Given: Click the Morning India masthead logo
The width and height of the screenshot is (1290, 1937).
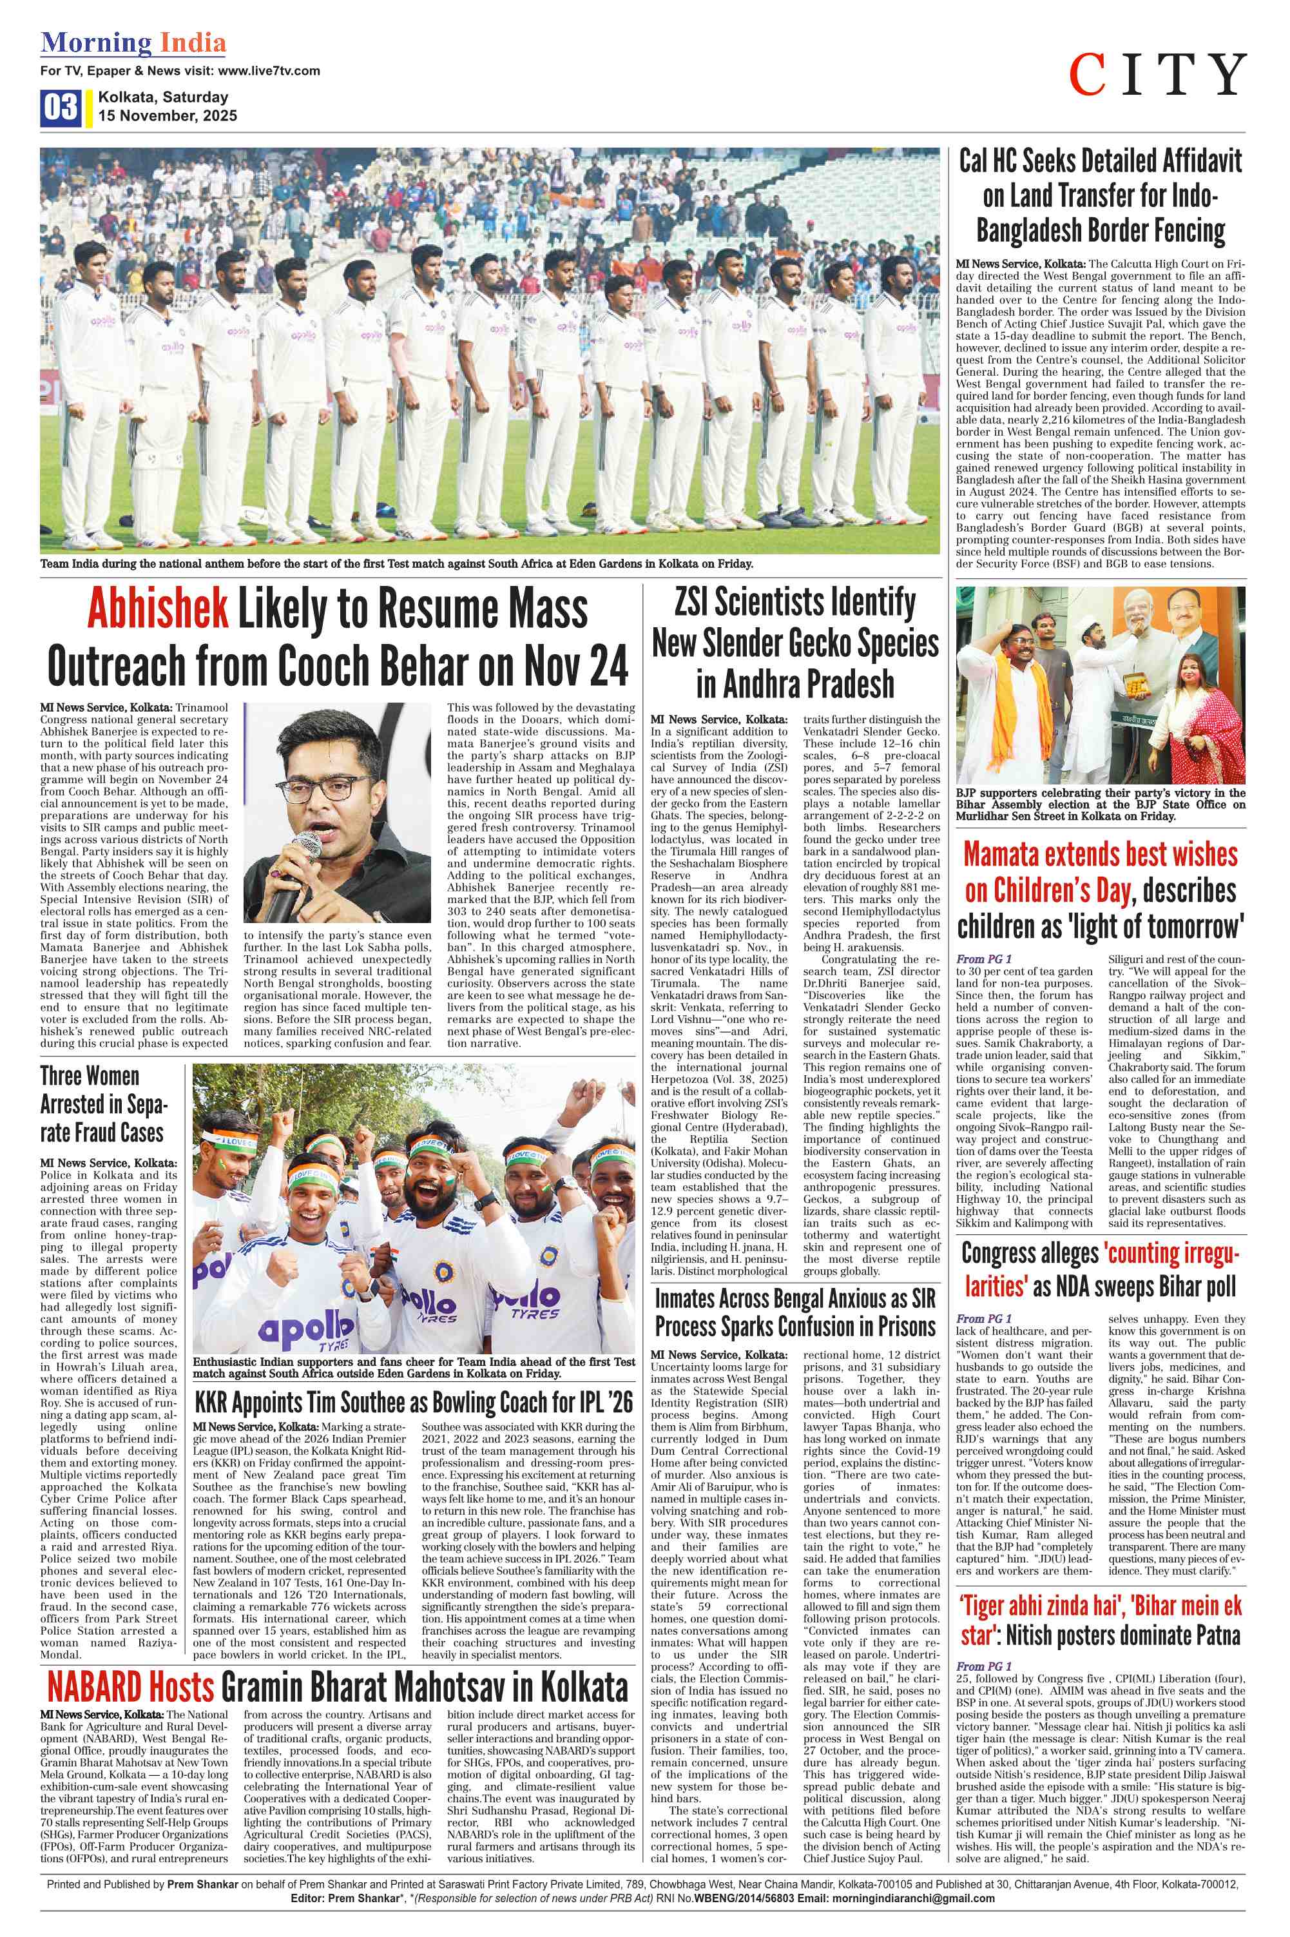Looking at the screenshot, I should point(133,43).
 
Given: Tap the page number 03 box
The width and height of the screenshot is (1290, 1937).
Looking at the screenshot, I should point(60,107).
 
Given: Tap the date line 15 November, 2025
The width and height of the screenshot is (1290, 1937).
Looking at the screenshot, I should point(167,116).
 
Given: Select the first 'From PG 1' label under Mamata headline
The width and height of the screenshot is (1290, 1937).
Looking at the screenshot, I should point(984,959).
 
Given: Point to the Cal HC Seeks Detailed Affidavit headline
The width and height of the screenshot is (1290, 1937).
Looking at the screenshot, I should point(1101,196).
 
